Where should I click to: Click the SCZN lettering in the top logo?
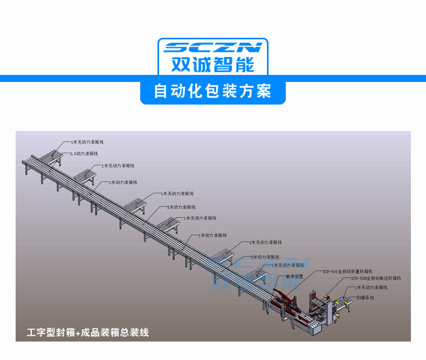[x=212, y=47]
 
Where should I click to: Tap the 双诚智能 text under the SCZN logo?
[x=212, y=64]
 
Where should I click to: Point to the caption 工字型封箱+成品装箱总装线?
[x=88, y=333]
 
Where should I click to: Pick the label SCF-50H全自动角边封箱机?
[x=376, y=279]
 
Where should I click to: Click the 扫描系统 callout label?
[x=365, y=297]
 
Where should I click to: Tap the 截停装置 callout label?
[x=294, y=276]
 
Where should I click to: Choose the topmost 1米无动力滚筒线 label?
[x=87, y=142]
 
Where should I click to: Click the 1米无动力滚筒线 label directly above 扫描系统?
[x=372, y=288]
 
